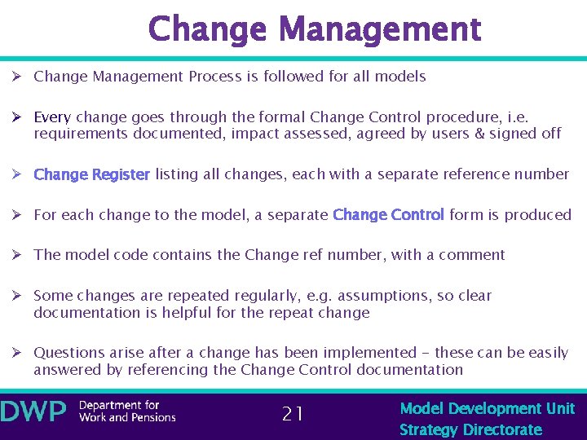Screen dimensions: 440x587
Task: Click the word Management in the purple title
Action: point(380,29)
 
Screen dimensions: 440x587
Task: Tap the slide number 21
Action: point(293,414)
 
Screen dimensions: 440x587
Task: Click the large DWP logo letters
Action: point(33,412)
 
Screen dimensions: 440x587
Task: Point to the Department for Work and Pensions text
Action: point(126,412)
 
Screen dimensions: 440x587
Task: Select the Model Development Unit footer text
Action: point(487,408)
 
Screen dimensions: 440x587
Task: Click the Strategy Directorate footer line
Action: point(470,429)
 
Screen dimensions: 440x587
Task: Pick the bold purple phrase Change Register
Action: point(91,174)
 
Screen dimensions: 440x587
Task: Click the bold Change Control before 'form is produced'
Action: point(388,215)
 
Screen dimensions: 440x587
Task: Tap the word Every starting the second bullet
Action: point(52,117)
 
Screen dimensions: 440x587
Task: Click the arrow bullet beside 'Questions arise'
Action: point(15,353)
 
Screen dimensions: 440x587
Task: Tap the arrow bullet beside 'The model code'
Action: point(15,255)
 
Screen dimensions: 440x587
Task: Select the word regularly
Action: point(261,296)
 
